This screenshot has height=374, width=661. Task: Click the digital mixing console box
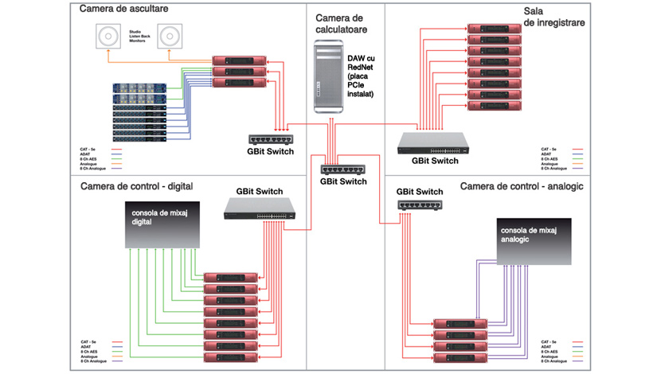pyautogui.click(x=163, y=224)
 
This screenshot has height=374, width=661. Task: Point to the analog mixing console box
pyautogui.click(x=534, y=240)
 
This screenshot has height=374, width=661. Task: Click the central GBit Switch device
pyautogui.click(x=342, y=168)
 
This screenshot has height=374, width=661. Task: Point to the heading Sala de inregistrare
pyautogui.click(x=554, y=17)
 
